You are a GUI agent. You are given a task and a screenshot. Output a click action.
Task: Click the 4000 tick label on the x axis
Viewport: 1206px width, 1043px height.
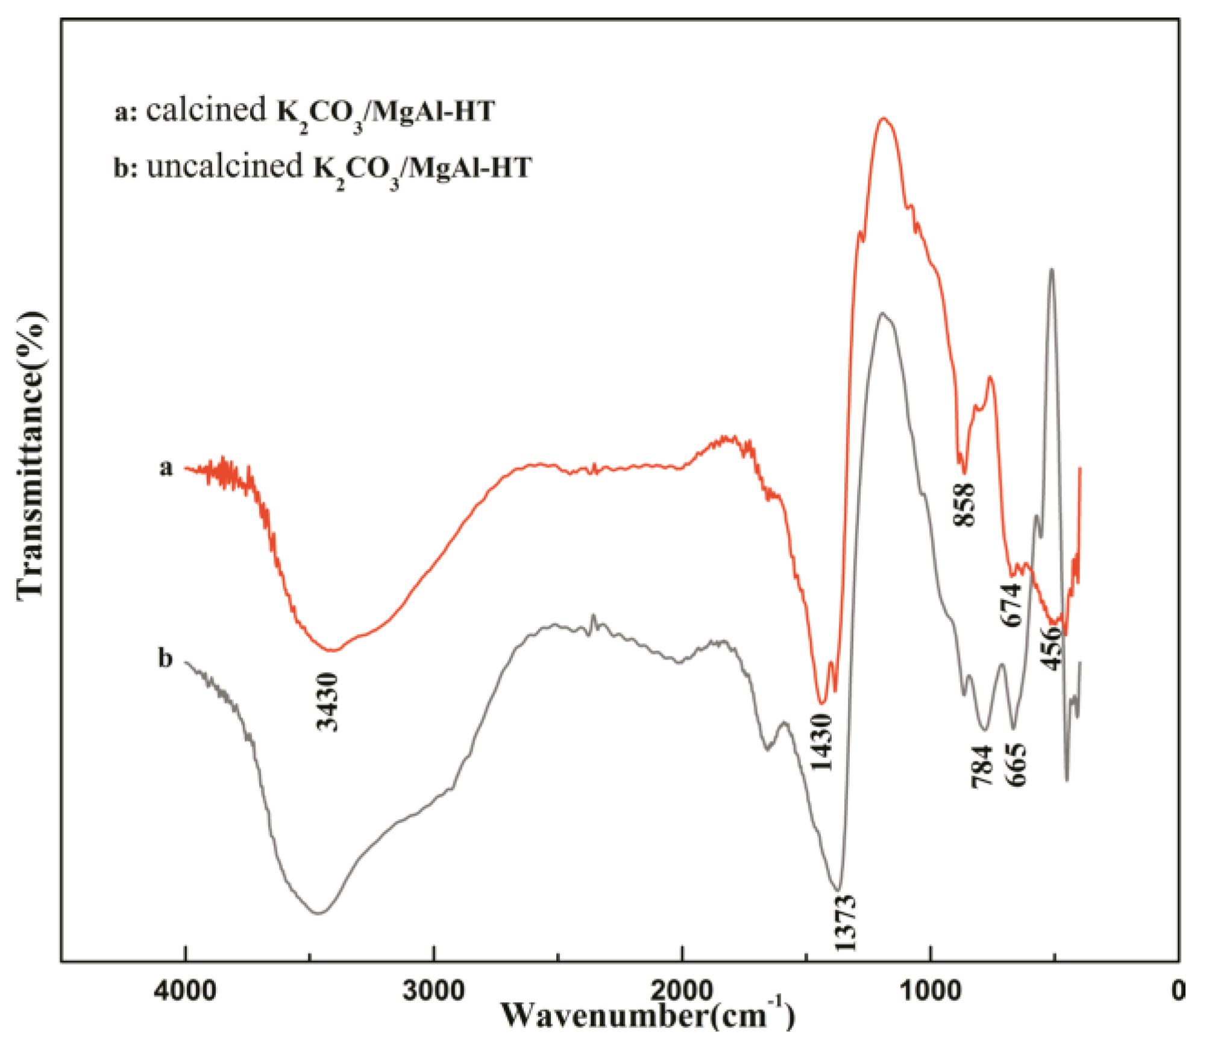[184, 990]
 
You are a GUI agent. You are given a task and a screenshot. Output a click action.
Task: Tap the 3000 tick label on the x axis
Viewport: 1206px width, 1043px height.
[433, 990]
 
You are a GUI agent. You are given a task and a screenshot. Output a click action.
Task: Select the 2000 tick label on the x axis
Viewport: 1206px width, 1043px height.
[682, 990]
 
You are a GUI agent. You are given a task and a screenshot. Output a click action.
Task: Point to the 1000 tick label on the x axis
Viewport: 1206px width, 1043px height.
[931, 990]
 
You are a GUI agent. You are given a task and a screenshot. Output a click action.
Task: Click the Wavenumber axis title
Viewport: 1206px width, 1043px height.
[648, 1016]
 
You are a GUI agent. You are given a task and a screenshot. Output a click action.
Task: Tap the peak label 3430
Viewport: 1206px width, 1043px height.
[329, 702]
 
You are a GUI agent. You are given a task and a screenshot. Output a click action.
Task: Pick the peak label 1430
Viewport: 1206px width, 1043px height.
[821, 742]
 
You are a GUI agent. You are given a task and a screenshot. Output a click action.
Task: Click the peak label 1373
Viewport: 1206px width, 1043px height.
[846, 923]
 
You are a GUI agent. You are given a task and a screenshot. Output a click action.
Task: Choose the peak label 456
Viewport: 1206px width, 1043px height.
[1051, 648]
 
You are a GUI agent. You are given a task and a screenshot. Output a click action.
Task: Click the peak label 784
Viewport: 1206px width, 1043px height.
[982, 766]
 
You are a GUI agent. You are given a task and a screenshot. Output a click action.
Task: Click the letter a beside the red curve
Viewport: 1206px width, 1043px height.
[166, 467]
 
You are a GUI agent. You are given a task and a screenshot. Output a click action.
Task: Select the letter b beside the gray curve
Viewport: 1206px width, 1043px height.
[165, 658]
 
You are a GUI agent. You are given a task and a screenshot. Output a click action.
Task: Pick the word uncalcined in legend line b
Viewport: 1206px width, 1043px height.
[225, 166]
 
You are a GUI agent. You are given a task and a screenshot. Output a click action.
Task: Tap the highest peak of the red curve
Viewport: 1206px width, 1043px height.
[884, 119]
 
